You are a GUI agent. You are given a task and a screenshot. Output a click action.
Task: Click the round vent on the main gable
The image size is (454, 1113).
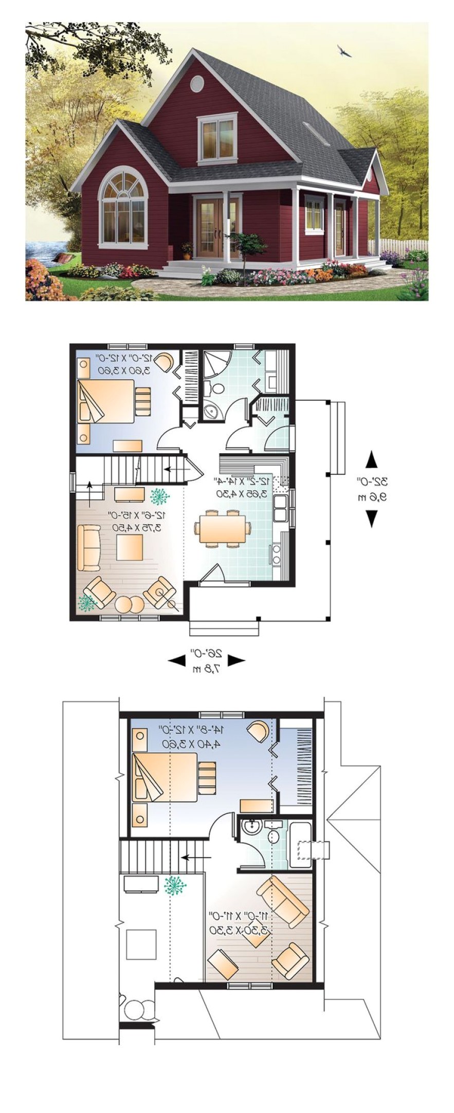coord(197,84)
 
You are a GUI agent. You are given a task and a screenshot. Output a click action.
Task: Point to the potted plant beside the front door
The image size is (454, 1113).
coord(187,250)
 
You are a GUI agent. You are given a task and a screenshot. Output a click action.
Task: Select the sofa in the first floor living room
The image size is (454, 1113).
coord(88,548)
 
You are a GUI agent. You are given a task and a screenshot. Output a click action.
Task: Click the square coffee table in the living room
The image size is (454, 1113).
coord(130,548)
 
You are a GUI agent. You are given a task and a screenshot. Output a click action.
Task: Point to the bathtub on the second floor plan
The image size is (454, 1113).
coord(300,845)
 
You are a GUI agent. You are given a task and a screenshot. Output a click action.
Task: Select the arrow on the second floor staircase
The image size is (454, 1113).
coord(195,858)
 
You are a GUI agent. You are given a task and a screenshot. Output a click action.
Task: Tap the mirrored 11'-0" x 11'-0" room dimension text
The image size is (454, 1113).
coord(240,922)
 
